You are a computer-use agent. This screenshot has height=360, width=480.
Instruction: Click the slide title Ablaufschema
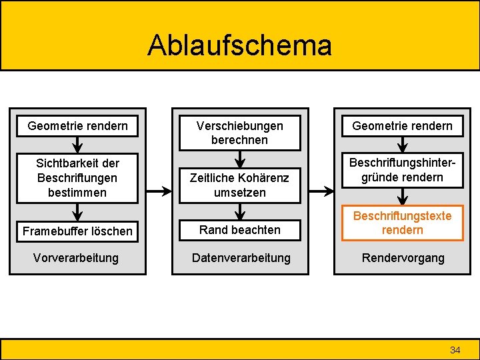pyautogui.click(x=239, y=45)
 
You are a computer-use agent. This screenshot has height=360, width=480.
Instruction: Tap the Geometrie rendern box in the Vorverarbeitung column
pyautogui.click(x=77, y=125)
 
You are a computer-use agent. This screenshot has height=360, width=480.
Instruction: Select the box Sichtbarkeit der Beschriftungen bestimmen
pyautogui.click(x=77, y=178)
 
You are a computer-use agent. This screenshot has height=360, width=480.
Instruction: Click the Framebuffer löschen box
pyautogui.click(x=77, y=231)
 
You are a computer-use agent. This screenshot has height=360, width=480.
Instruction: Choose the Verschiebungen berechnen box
pyautogui.click(x=239, y=133)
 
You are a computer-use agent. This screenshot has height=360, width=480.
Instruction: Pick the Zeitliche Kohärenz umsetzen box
pyautogui.click(x=239, y=185)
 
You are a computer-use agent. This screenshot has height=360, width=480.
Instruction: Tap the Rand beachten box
pyautogui.click(x=239, y=230)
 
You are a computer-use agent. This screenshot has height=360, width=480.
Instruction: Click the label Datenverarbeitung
pyautogui.click(x=241, y=258)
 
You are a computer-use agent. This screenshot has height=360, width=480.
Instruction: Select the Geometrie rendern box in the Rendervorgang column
pyautogui.click(x=402, y=125)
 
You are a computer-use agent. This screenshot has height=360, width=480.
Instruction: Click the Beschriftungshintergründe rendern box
pyautogui.click(x=402, y=170)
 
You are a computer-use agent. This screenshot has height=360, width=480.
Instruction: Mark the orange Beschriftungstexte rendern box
pyautogui.click(x=402, y=223)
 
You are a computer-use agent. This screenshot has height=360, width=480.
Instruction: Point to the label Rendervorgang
pyautogui.click(x=402, y=258)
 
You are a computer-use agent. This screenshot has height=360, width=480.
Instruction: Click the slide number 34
pyautogui.click(x=455, y=350)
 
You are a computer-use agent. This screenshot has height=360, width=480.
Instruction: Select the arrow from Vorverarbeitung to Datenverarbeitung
pyautogui.click(x=158, y=191)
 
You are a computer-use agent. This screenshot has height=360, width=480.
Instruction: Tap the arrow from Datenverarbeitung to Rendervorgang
pyautogui.click(x=321, y=191)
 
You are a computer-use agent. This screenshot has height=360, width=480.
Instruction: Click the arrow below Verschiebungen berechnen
pyautogui.click(x=240, y=159)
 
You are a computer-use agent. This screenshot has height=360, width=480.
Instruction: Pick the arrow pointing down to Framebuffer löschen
pyautogui.click(x=78, y=212)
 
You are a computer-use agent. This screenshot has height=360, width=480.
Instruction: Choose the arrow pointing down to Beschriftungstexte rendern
pyautogui.click(x=403, y=196)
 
